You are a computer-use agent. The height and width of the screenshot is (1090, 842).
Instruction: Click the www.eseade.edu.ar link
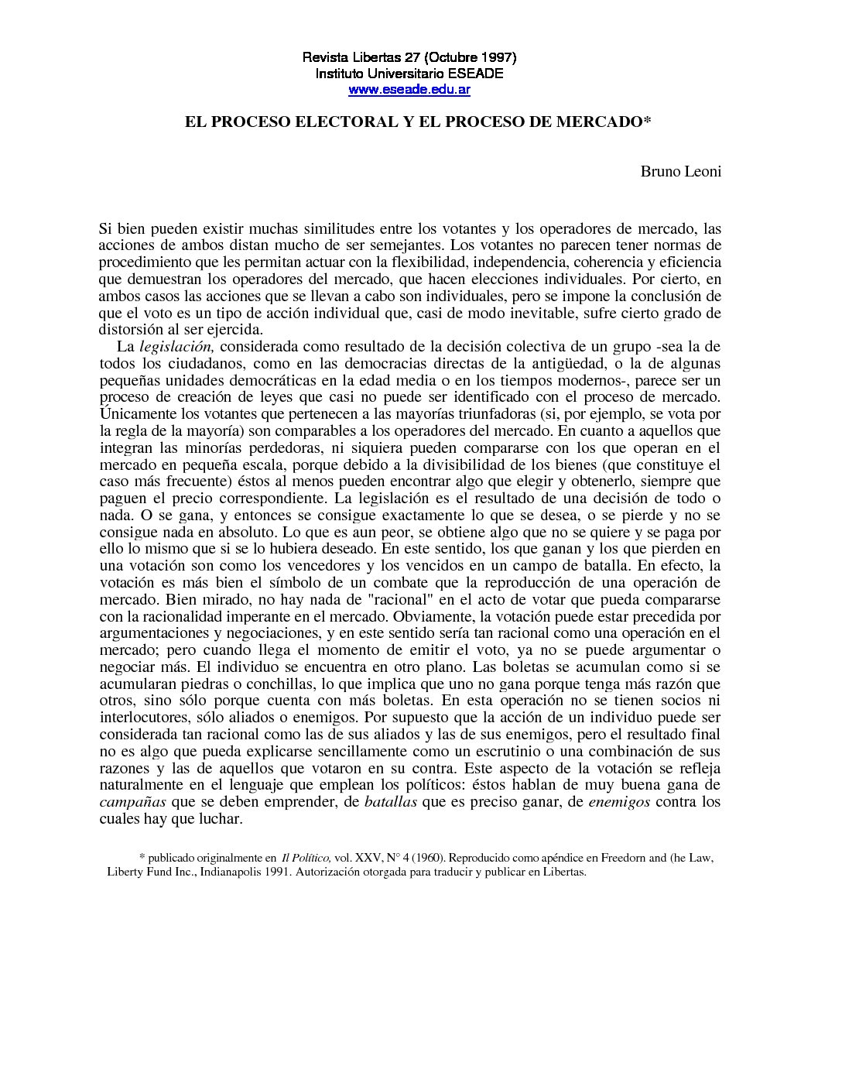(409, 90)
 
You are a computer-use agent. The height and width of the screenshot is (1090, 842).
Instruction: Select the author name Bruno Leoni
(680, 171)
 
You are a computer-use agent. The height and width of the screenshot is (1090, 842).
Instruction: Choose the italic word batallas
(391, 801)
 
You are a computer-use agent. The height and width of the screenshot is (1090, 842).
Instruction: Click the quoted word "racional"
(354, 599)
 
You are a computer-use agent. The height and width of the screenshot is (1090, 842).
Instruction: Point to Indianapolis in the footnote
(233, 872)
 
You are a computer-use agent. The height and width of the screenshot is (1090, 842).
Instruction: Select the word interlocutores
(139, 717)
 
